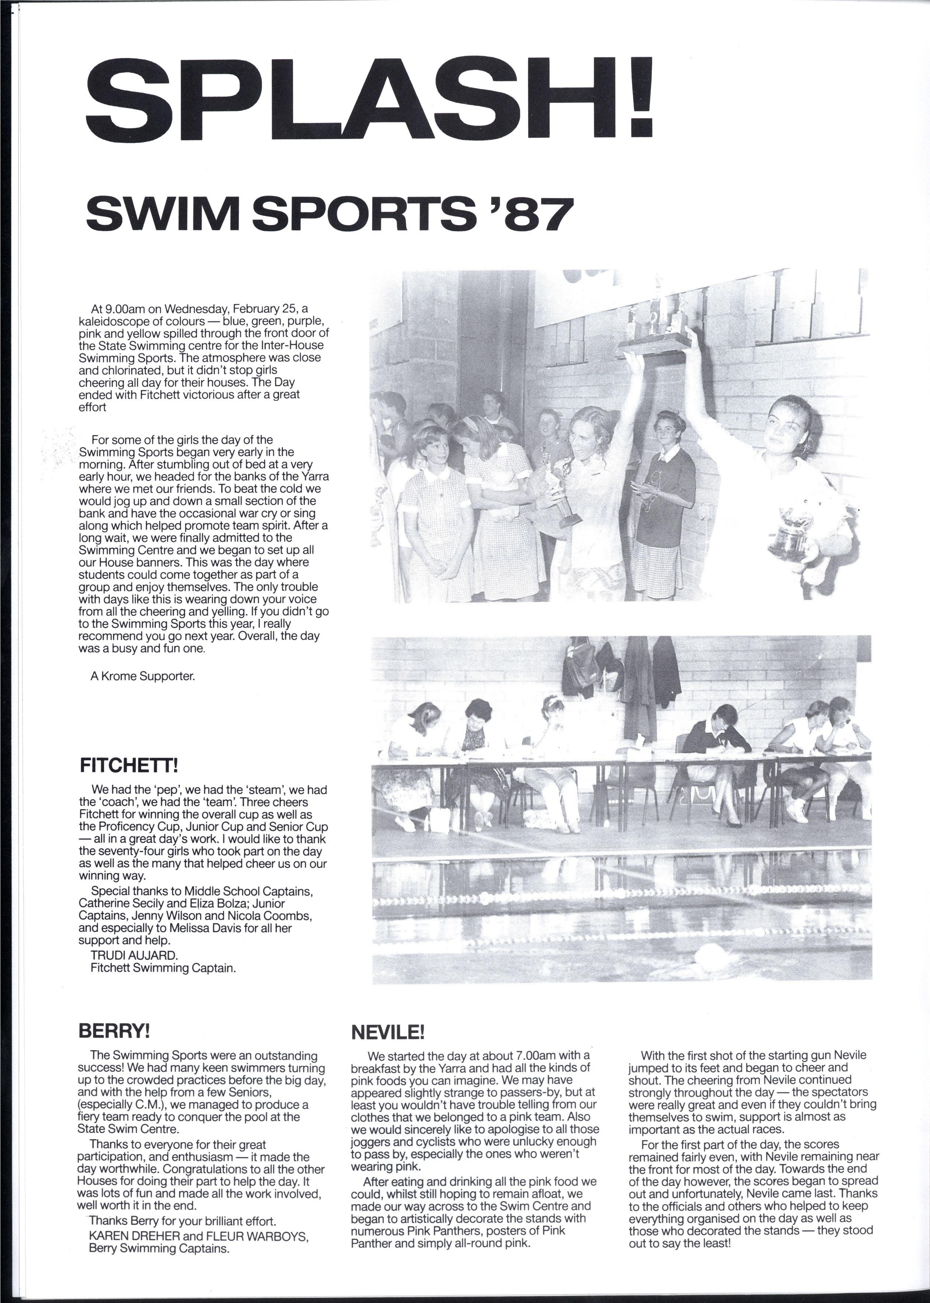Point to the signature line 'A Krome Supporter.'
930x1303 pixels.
[143, 676]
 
